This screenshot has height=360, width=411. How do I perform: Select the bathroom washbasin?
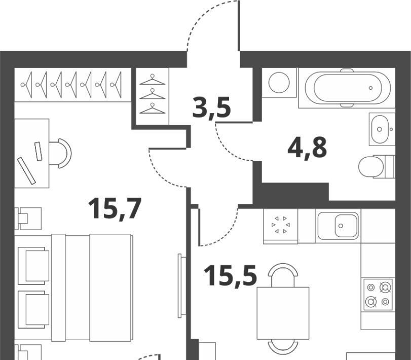point(380,129)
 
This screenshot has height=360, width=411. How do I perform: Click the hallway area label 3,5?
point(212,109)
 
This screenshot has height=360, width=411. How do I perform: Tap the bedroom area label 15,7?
point(114,208)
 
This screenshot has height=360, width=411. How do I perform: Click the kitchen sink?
point(339,225)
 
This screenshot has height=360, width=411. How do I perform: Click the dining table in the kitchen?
point(283,313)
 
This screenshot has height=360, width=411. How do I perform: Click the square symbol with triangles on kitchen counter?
point(281,225)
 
